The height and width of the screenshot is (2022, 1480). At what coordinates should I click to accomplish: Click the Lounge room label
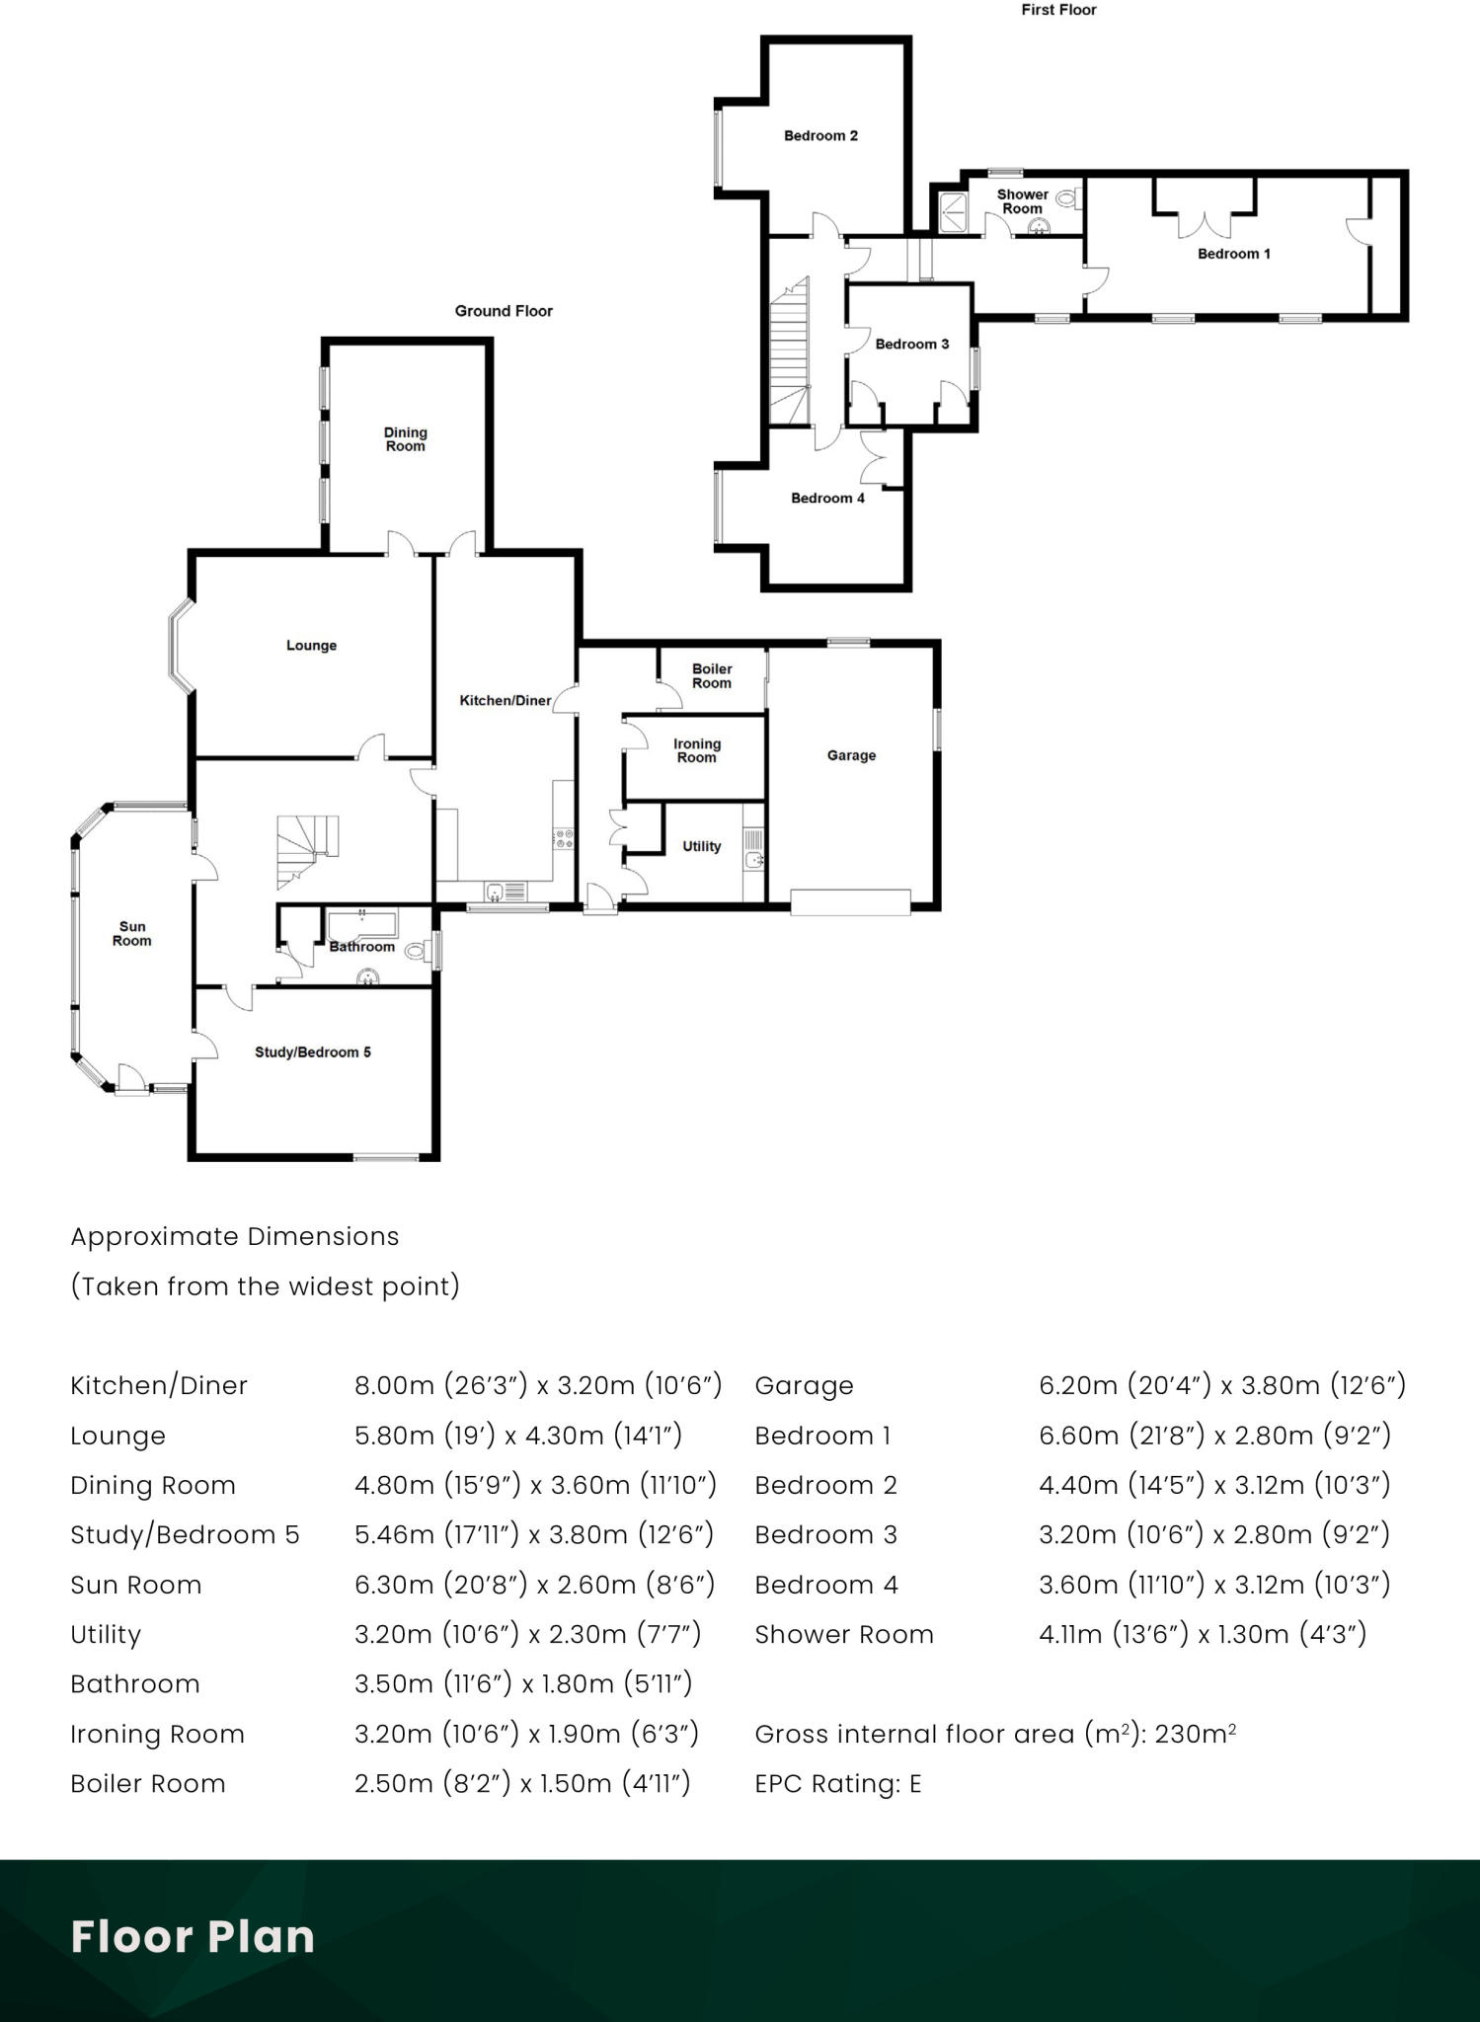click(x=311, y=645)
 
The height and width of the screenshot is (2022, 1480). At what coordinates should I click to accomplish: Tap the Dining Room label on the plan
click(x=405, y=438)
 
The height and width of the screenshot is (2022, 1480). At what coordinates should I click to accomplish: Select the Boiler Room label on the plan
click(x=712, y=675)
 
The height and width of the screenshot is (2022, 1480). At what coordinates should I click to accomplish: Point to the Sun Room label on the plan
click(x=132, y=933)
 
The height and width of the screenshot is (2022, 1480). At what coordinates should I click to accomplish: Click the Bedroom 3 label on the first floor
click(x=912, y=344)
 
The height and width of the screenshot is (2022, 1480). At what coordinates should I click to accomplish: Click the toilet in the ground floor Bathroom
click(x=417, y=952)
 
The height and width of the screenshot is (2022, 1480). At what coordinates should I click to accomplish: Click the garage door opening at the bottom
click(x=850, y=902)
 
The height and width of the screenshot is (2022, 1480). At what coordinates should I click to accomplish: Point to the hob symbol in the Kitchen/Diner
click(x=565, y=838)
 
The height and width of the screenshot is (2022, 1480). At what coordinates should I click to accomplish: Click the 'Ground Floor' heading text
click(x=504, y=310)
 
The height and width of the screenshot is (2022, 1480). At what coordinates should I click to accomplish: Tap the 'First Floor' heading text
click(x=1058, y=10)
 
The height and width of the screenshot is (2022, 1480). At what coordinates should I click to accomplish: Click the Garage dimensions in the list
click(x=1221, y=1385)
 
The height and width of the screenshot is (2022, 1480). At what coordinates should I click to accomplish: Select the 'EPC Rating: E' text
click(x=837, y=1783)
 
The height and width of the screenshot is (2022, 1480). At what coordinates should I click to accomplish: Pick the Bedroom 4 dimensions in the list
click(x=1213, y=1585)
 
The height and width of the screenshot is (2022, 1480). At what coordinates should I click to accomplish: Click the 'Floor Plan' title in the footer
click(x=193, y=1936)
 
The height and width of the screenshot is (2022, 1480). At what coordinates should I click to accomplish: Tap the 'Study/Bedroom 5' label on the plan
click(x=313, y=1051)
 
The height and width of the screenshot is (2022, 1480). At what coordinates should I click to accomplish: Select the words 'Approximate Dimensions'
click(x=235, y=1236)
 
